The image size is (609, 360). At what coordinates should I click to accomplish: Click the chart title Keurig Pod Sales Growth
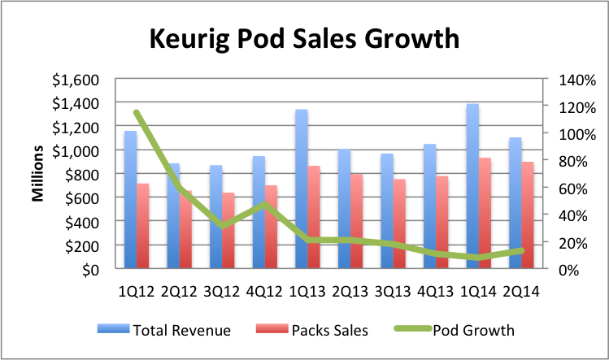[x=303, y=38]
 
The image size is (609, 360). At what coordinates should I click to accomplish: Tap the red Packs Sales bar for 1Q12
[x=143, y=227]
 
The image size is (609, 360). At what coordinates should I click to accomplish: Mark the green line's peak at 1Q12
[x=136, y=113]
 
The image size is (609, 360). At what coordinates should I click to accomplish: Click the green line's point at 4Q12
[x=265, y=204]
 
